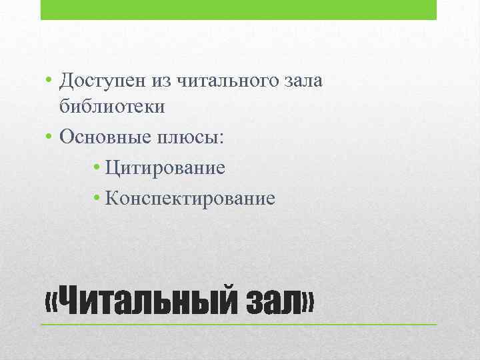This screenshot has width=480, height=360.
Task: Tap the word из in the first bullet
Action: click(166, 82)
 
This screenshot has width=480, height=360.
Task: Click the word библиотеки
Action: click(111, 106)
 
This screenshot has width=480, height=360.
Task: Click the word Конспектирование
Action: click(189, 198)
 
